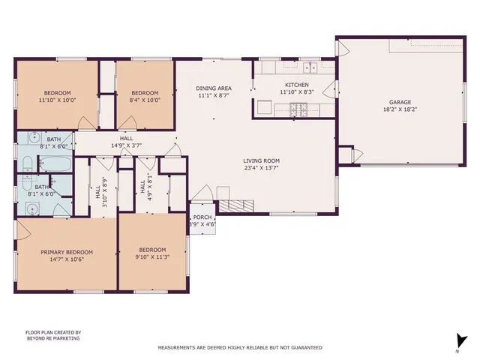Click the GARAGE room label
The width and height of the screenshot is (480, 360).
click(399, 102)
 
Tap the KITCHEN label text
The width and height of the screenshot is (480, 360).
click(294, 85)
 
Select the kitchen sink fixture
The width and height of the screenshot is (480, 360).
click(309, 66)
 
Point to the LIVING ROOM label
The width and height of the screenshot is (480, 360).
click(261, 160)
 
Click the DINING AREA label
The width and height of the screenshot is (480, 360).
click(213, 88)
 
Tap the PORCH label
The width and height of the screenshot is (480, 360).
click(200, 217)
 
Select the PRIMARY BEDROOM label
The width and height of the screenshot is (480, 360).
click(67, 252)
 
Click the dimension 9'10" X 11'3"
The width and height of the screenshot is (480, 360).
click(152, 257)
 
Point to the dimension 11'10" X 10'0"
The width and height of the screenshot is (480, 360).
click(57, 99)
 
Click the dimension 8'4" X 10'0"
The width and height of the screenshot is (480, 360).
click(145, 99)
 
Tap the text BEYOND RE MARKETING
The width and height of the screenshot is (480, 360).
click(52, 338)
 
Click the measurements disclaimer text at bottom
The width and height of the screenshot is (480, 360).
click(239, 348)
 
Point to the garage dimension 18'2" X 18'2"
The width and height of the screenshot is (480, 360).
click(399, 109)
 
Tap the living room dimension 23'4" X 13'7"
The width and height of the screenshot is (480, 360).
click(261, 167)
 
